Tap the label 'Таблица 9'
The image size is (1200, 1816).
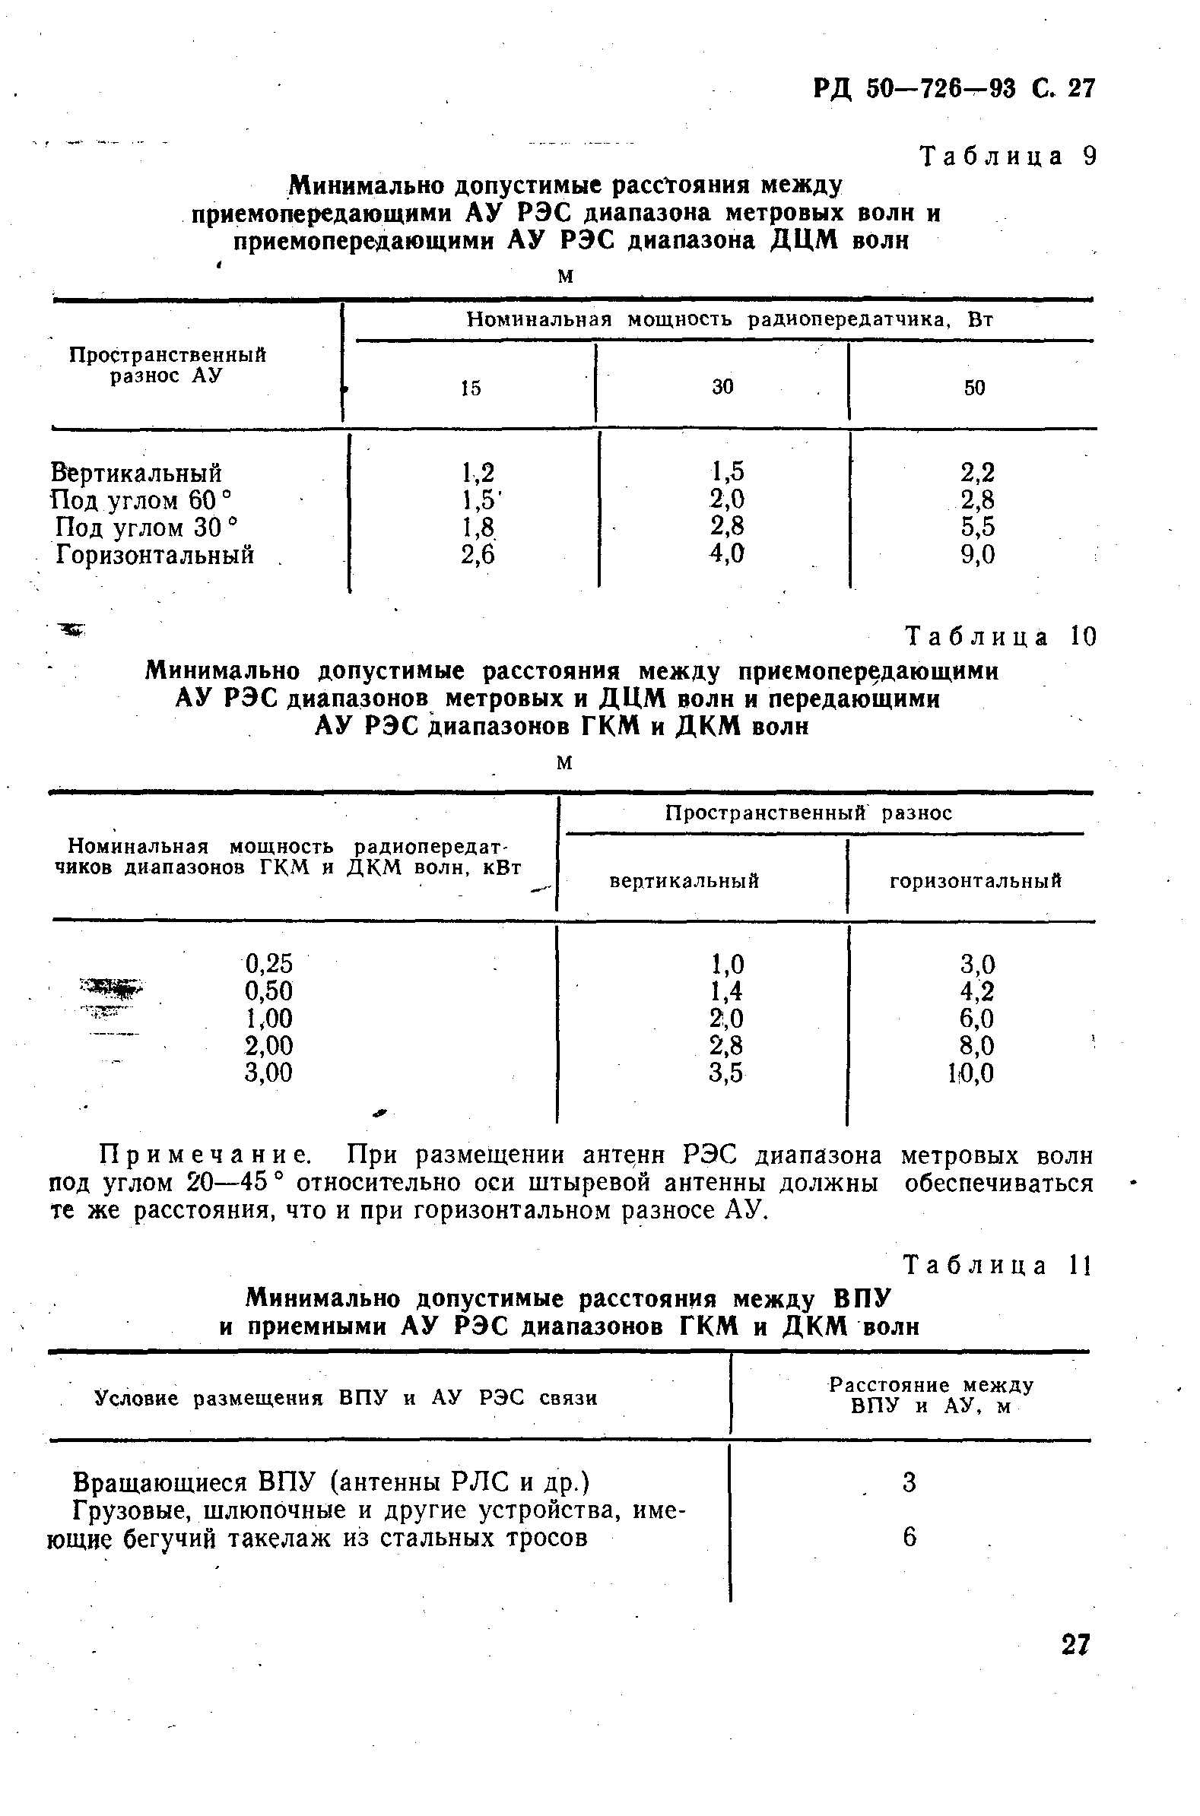coord(1008,156)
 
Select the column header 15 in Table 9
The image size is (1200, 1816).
coord(471,388)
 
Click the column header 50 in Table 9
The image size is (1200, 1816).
coord(974,388)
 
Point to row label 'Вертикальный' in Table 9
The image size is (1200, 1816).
coord(136,472)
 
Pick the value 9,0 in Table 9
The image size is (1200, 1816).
coord(977,555)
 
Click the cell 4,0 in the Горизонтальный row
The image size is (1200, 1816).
coord(726,553)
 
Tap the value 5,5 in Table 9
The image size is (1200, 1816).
coord(977,527)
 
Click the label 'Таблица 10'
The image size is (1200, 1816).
coord(1000,635)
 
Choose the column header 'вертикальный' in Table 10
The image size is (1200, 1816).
coord(684,881)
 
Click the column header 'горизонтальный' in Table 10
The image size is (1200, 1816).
coord(975,881)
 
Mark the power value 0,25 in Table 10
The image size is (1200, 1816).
coord(268,963)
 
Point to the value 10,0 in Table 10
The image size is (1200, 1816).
coord(971,1073)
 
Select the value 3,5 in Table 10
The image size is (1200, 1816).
coord(725,1073)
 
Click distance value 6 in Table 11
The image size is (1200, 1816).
coord(910,1538)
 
